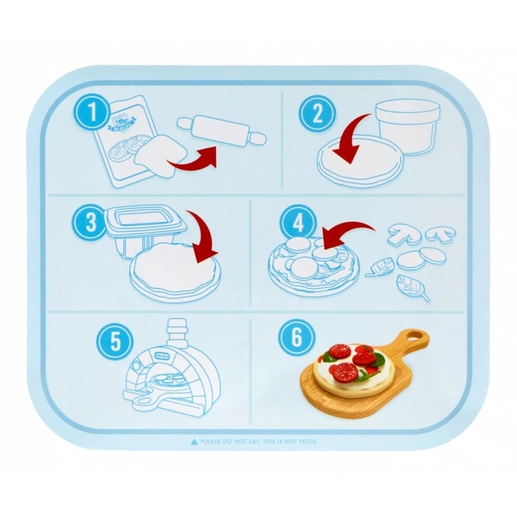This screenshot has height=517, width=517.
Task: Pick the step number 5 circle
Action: coord(114,341)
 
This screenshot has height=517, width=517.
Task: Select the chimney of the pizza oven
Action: coord(177,332)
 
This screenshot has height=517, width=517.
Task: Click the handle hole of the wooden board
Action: coord(417,339)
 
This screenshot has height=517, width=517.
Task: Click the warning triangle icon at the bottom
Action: coord(194,441)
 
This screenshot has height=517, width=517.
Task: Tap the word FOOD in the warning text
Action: coord(314,441)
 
